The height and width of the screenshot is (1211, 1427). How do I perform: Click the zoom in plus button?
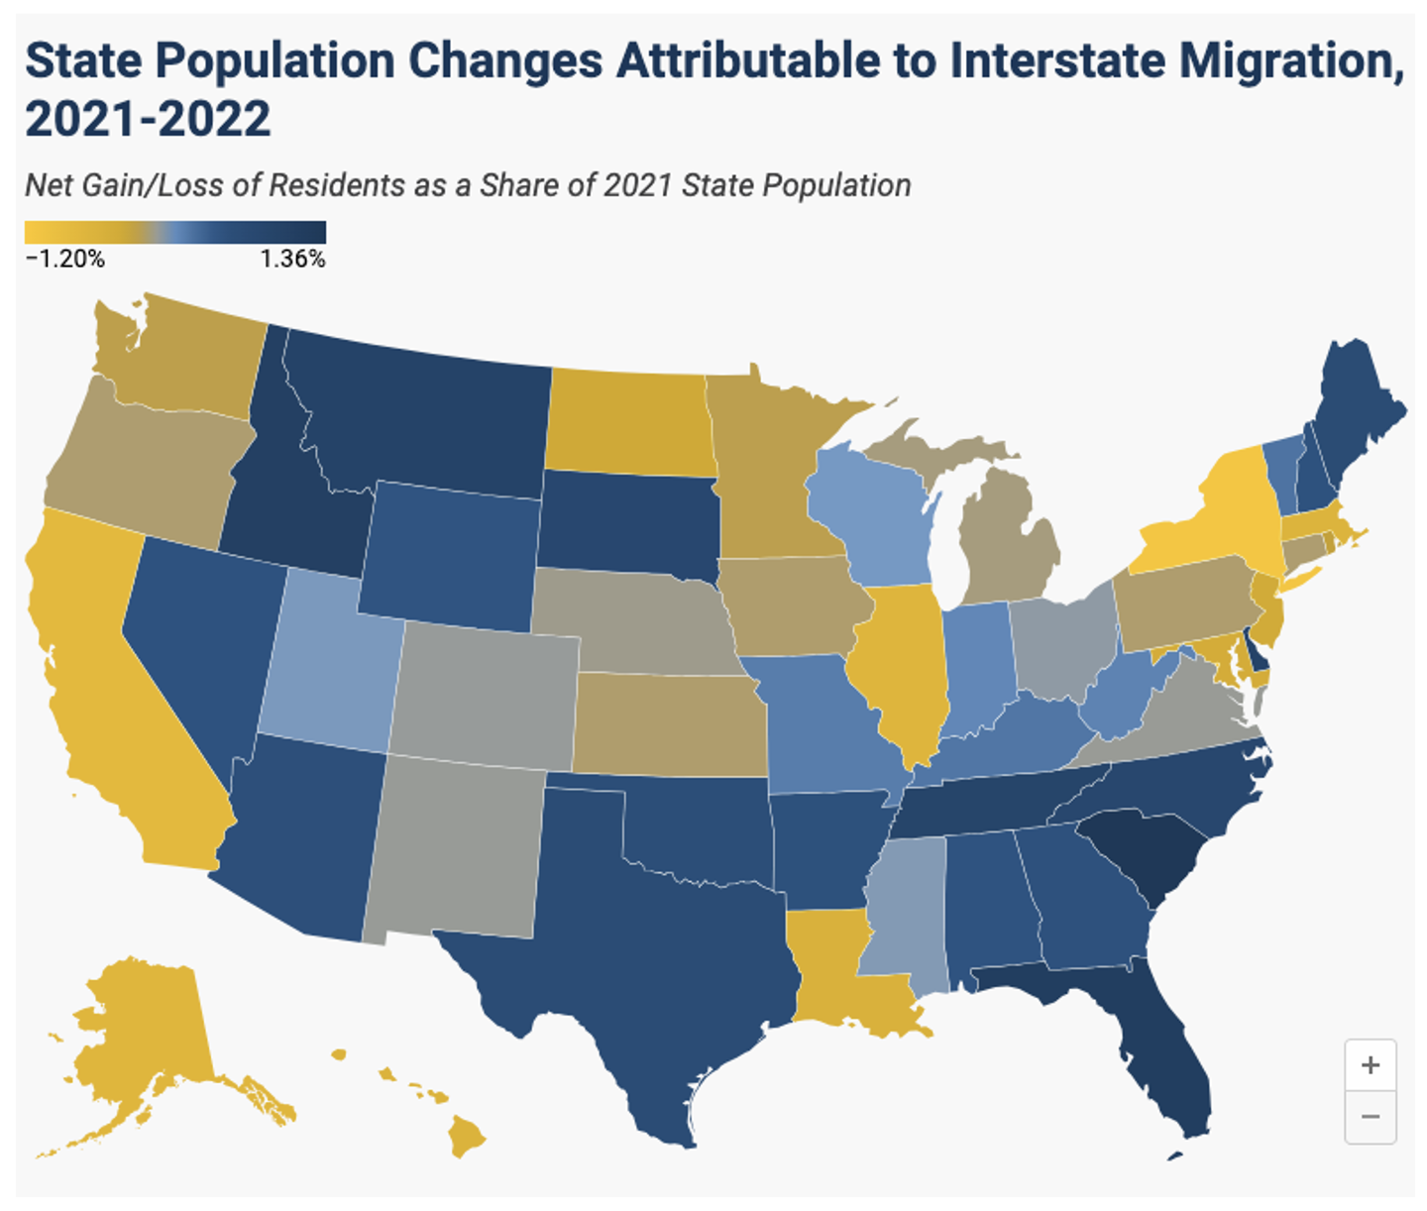(1371, 1065)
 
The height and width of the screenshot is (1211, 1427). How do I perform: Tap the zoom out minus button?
(1371, 1117)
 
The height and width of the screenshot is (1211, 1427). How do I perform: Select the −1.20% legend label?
(65, 260)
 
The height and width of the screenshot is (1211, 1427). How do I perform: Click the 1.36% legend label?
(292, 260)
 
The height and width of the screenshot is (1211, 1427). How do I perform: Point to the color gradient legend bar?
(175, 233)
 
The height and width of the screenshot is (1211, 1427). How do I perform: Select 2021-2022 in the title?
(148, 120)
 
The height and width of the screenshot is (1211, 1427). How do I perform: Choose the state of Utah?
(327, 664)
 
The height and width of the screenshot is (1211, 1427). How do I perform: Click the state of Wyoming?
(451, 555)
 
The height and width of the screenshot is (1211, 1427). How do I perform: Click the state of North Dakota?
(629, 421)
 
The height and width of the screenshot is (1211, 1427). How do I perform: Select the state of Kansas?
(669, 723)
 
